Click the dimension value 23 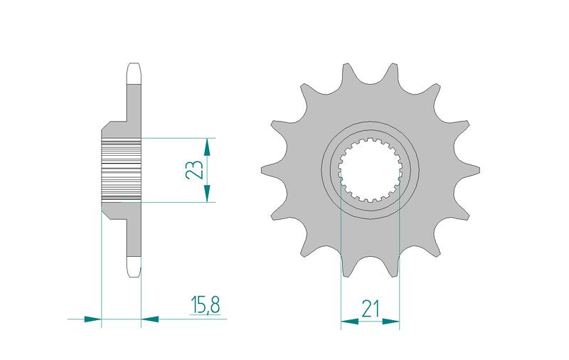pyautogui.click(x=194, y=169)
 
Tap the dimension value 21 pyautogui.click(x=370, y=309)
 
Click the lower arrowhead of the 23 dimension pyautogui.click(x=207, y=193)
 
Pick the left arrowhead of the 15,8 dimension pyautogui.click(x=92, y=319)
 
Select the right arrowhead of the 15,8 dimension pyautogui.click(x=150, y=319)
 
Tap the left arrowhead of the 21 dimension pyautogui.click(x=349, y=321)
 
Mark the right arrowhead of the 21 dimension pyautogui.click(x=390, y=321)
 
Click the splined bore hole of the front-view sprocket pyautogui.click(x=370, y=169)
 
